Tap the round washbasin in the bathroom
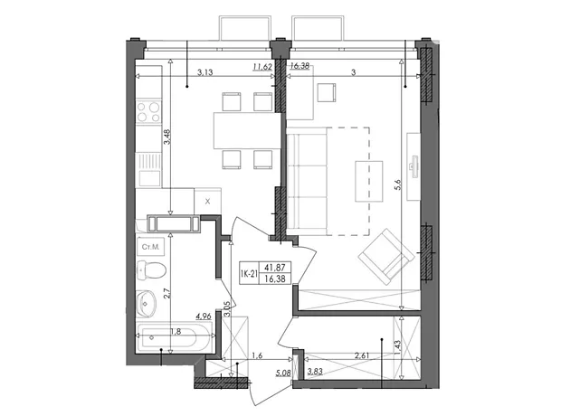[x=146, y=304]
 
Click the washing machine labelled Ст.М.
[x=150, y=247]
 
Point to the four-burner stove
[x=148, y=112]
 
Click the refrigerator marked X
[x=207, y=201]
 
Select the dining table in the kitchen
[x=247, y=130]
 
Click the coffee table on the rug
[x=369, y=182]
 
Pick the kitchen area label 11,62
[x=262, y=67]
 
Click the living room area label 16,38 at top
[x=300, y=66]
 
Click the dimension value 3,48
[x=167, y=137]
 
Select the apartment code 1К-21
[x=249, y=274]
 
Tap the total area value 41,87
[x=275, y=267]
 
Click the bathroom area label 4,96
[x=204, y=317]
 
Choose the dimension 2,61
[x=361, y=355]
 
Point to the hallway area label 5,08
[x=283, y=373]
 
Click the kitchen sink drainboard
[x=149, y=161]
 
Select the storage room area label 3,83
[x=315, y=372]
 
